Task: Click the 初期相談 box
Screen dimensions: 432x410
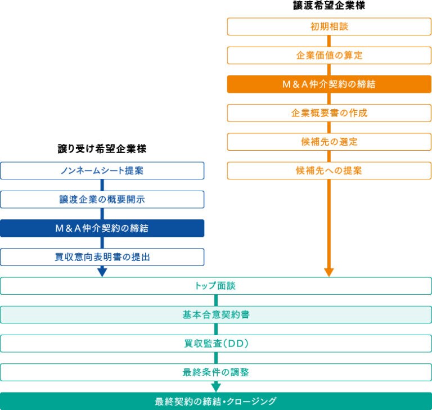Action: tap(329, 26)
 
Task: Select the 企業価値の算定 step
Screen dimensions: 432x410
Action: tap(329, 55)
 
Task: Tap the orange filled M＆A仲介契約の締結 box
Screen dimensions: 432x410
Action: tap(329, 84)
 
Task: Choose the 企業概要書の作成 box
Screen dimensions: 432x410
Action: tap(329, 113)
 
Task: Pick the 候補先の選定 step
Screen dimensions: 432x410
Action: tap(329, 142)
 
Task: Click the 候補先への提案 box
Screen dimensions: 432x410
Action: tap(329, 170)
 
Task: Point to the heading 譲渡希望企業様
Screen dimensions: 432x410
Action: tap(329, 6)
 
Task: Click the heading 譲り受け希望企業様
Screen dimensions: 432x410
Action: tap(102, 149)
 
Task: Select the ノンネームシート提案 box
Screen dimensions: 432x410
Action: tap(102, 170)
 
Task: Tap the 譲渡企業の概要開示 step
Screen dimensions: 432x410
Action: tap(102, 200)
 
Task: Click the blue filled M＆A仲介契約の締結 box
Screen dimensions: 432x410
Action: tap(102, 228)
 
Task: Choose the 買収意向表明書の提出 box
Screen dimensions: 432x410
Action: tap(102, 257)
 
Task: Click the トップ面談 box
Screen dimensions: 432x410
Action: tap(216, 286)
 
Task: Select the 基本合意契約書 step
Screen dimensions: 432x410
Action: tap(216, 314)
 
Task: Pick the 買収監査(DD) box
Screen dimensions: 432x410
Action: tap(216, 343)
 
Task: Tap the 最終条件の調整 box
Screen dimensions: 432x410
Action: tap(216, 372)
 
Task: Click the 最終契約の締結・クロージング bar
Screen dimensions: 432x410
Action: tap(216, 401)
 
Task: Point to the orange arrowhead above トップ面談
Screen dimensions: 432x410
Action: tap(329, 272)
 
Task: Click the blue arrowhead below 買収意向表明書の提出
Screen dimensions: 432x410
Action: tap(102, 272)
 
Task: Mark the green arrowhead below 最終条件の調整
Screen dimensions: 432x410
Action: tap(216, 387)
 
